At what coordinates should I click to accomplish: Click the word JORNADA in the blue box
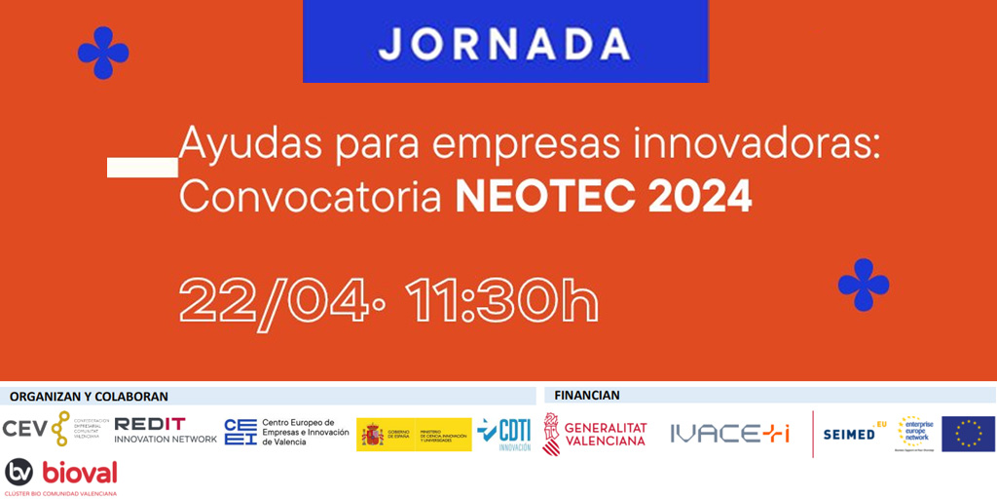pos(504,44)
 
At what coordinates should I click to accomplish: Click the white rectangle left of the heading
pos(142,167)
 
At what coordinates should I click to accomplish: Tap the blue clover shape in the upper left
pos(103,53)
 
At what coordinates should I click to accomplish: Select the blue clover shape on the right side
pos(864,285)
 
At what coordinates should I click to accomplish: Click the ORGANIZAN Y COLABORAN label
pos(89,396)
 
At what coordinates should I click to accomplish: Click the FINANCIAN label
pos(586,396)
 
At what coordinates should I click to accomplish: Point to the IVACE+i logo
pos(729,434)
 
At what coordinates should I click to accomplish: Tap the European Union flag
pos(968,434)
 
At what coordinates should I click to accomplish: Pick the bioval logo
pos(61,475)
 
